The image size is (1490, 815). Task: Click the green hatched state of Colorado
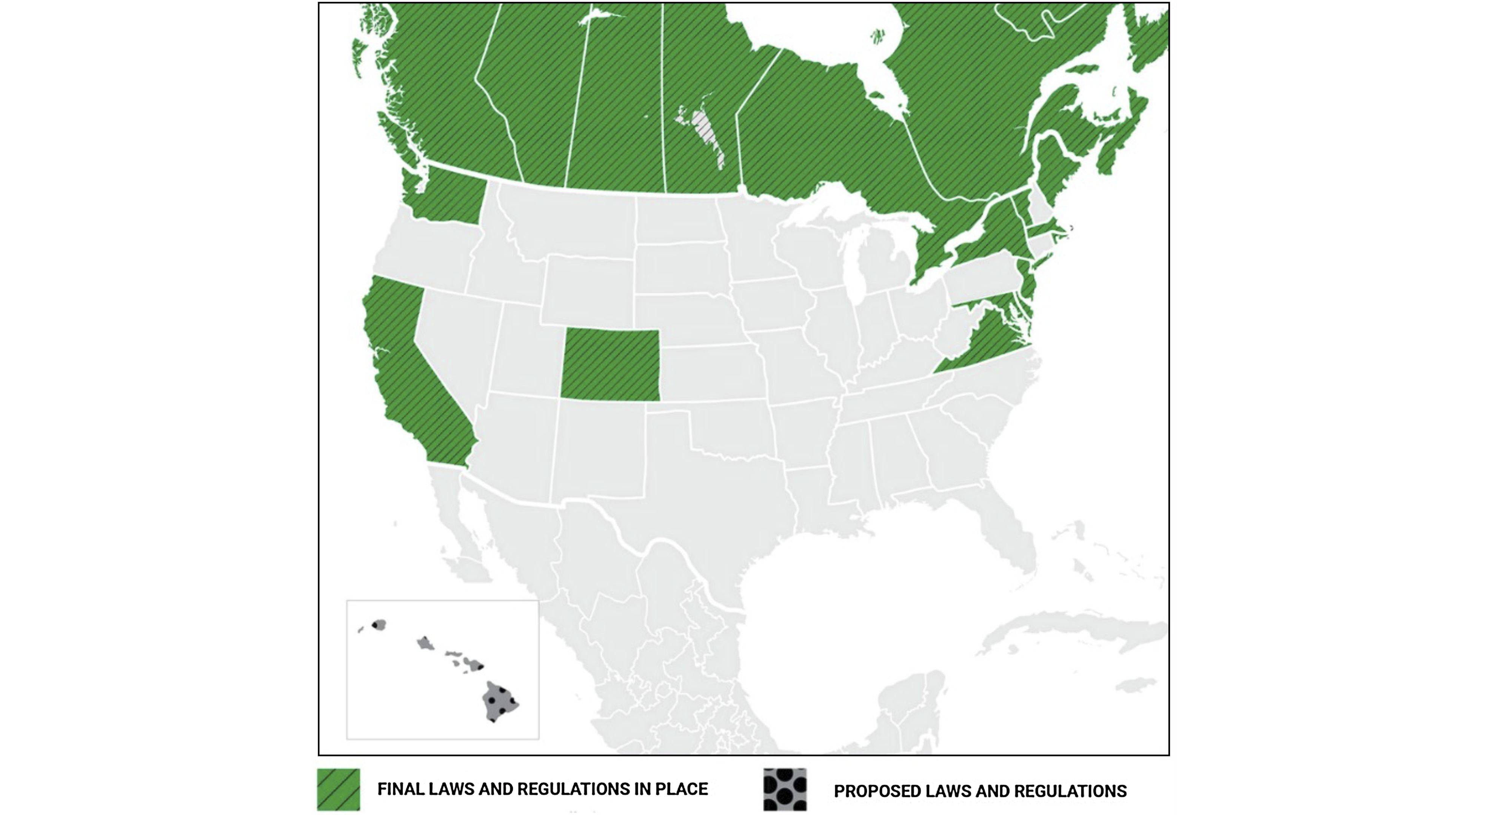(x=610, y=364)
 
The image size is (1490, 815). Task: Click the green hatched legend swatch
(x=339, y=790)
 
